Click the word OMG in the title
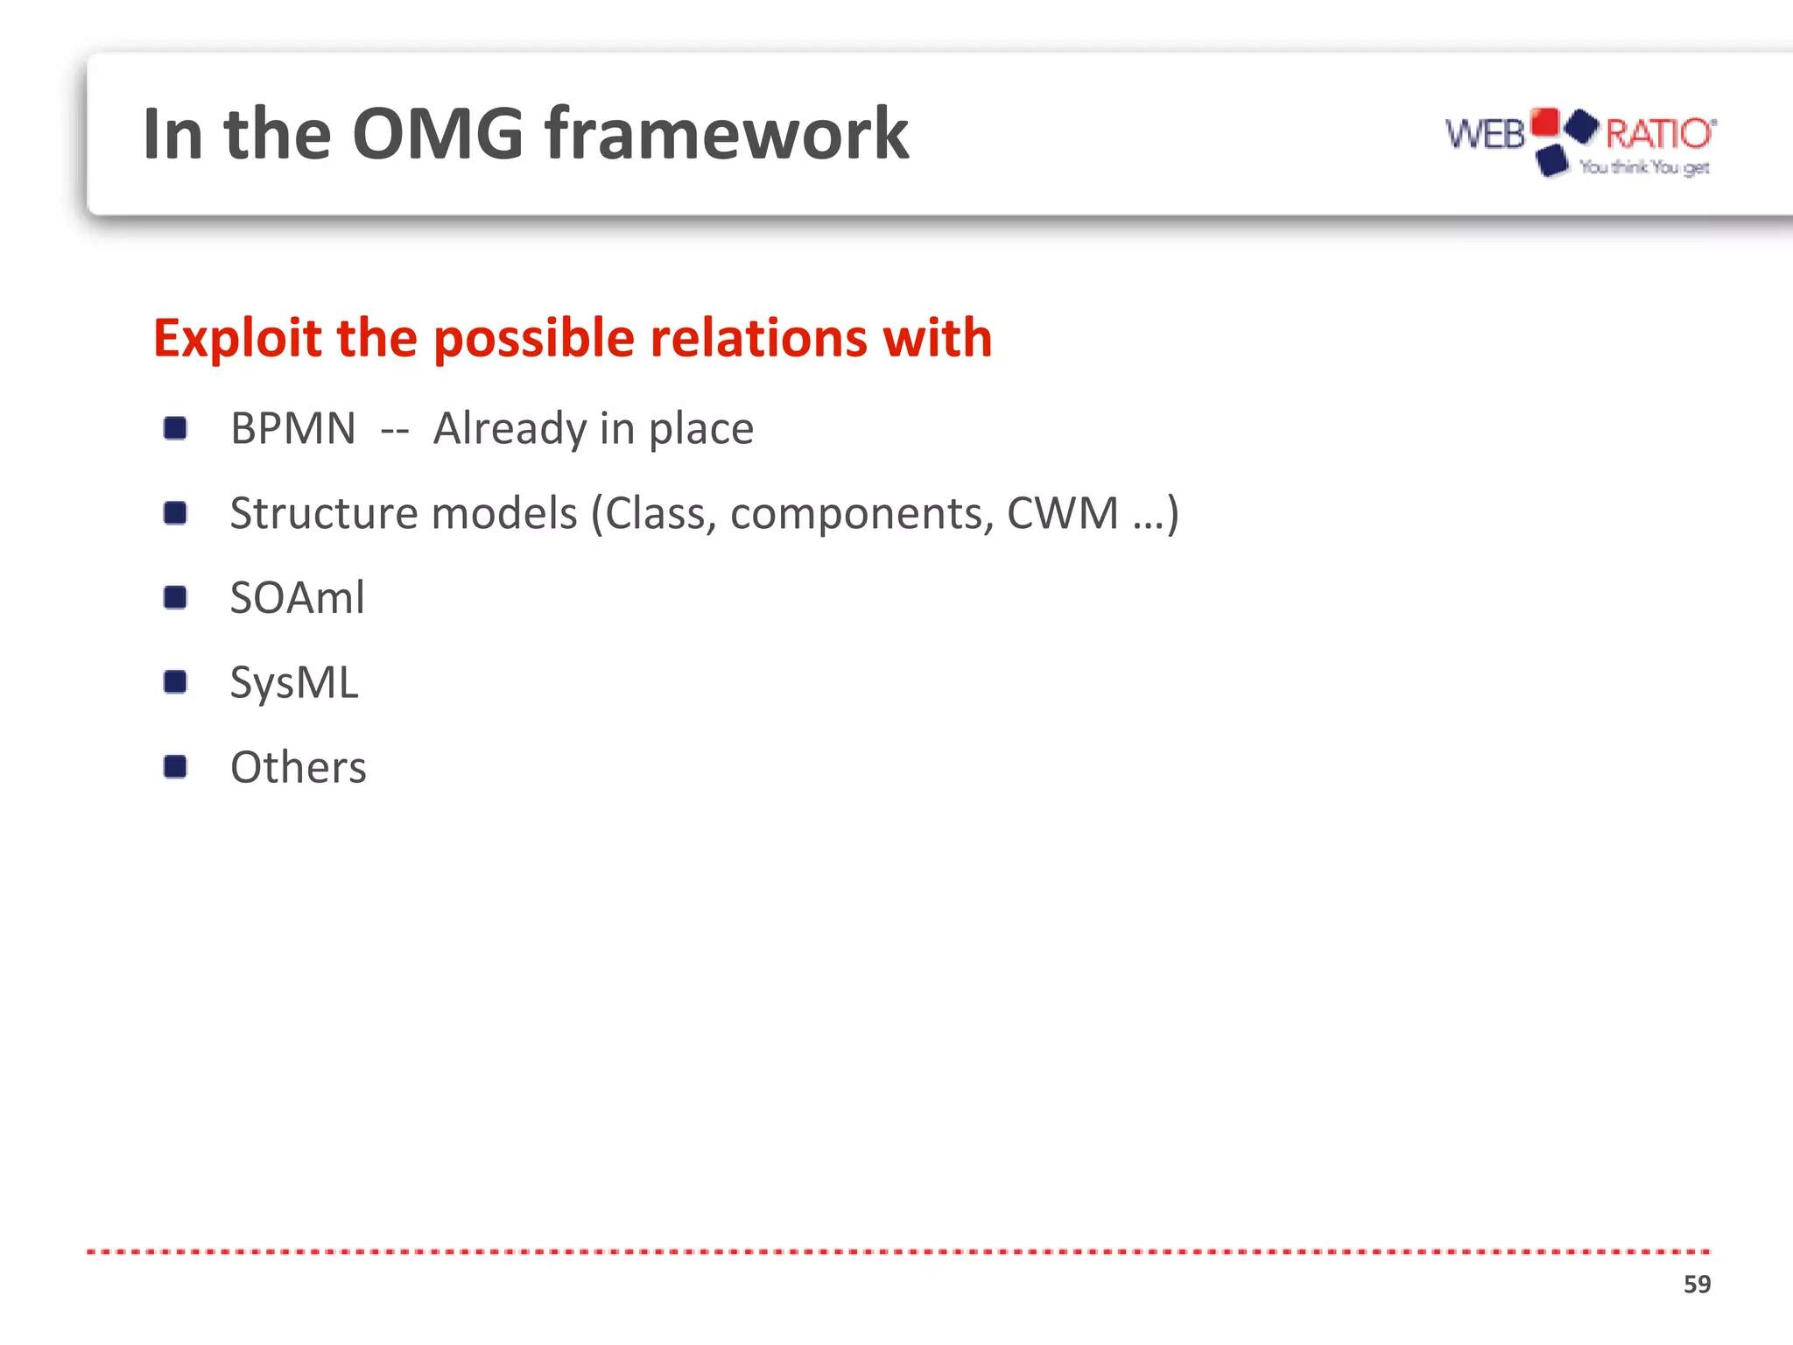[x=437, y=134]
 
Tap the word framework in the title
[x=727, y=134]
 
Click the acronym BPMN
[x=293, y=429]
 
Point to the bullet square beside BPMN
[x=175, y=429]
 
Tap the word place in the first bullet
[x=700, y=429]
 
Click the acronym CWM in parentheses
[x=1062, y=513]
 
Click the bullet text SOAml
[x=297, y=598]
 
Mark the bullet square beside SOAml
[x=175, y=598]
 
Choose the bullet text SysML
[x=294, y=683]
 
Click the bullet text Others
[x=298, y=768]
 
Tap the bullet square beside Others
[x=175, y=767]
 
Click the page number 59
[x=1696, y=1284]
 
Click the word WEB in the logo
[x=1485, y=135]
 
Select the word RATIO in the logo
[x=1658, y=134]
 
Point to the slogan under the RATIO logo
[x=1644, y=167]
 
